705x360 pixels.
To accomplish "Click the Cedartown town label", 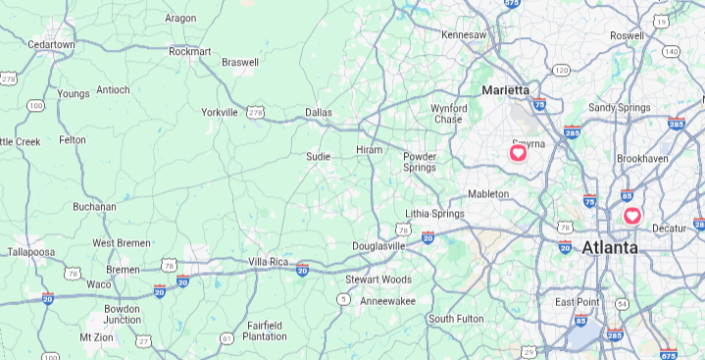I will point(52,44).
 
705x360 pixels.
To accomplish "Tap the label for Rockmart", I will point(190,51).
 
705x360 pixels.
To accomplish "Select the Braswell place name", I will point(240,62).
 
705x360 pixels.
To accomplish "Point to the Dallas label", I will point(319,113).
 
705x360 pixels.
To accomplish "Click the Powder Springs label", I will point(420,162).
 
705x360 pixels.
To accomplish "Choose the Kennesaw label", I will point(464,34).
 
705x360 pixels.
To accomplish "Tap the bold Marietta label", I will point(505,90).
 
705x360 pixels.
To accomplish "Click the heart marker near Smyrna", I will point(518,152).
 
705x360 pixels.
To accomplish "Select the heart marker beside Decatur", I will point(632,215).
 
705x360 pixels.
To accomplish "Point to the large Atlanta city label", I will point(610,248).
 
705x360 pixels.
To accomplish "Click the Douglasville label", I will point(378,245).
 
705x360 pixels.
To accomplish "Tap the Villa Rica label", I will point(269,262).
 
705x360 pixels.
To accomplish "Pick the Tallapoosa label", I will point(30,252).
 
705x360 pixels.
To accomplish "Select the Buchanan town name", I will point(94,207).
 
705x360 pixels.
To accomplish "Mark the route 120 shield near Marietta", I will point(561,70).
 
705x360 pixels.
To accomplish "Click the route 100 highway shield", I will point(36,105).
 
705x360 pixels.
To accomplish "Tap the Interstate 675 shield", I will point(668,354).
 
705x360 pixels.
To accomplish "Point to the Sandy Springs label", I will point(619,107).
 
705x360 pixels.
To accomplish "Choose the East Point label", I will point(578,301).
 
